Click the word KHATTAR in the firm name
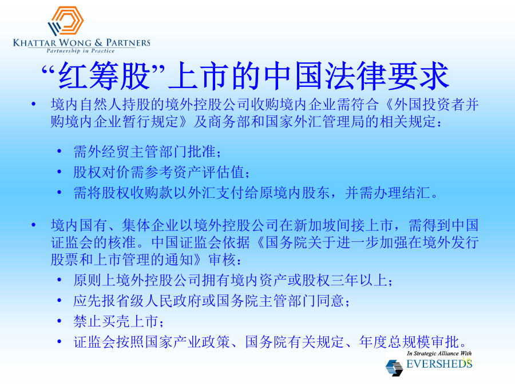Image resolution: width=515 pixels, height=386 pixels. [34, 43]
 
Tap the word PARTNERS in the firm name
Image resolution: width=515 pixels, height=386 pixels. [128, 43]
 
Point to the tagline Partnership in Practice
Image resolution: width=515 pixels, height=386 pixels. [81, 50]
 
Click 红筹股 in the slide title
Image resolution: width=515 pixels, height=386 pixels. [104, 76]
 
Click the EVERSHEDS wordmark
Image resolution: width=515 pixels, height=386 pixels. [439, 364]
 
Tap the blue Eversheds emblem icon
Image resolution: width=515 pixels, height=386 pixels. [394, 367]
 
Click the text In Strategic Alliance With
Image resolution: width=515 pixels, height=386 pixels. [439, 353]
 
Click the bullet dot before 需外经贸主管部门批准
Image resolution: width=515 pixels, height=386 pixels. [60, 152]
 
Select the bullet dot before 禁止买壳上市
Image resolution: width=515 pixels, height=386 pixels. [60, 321]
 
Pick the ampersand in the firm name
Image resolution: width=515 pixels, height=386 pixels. [98, 43]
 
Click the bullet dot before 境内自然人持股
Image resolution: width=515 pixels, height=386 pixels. [33, 105]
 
